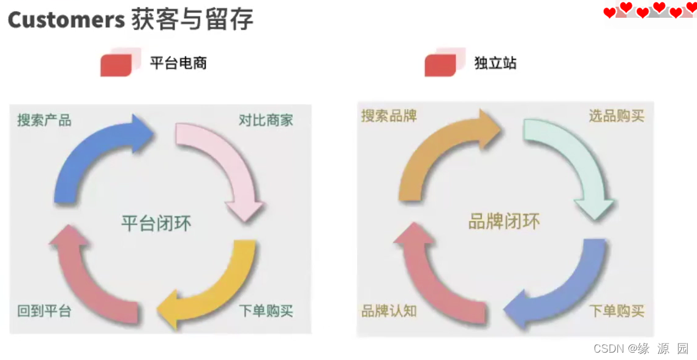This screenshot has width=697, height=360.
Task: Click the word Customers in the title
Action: [x=66, y=20]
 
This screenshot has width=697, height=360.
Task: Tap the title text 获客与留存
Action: [x=192, y=20]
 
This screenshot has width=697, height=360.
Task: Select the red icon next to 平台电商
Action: [x=118, y=64]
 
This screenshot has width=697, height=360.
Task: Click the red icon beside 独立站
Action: [x=442, y=64]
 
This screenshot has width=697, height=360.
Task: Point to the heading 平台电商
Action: [x=178, y=63]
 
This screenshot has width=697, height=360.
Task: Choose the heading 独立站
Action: [x=495, y=63]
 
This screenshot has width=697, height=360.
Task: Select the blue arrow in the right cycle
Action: [x=563, y=288]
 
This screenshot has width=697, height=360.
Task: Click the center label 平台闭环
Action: [x=156, y=223]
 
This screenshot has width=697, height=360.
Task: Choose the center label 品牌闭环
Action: [x=503, y=222]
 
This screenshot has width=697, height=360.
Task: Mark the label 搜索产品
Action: [x=44, y=120]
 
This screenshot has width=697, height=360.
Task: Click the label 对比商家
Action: [x=266, y=120]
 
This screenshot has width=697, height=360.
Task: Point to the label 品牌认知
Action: [x=389, y=311]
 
